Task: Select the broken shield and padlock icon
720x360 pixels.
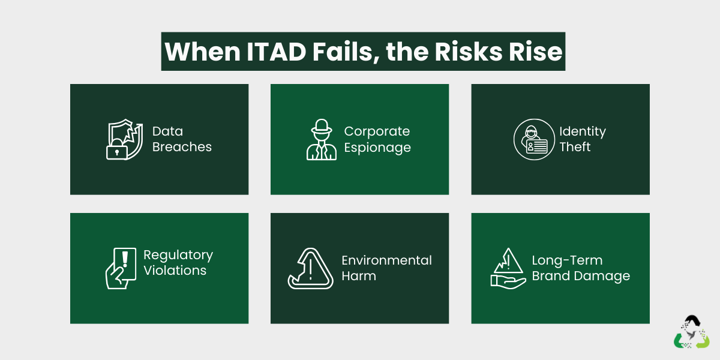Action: pyautogui.click(x=124, y=140)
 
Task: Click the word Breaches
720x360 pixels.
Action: pyautogui.click(x=182, y=147)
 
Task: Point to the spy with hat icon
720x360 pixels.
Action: pyautogui.click(x=322, y=139)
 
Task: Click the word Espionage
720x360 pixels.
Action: pyautogui.click(x=377, y=147)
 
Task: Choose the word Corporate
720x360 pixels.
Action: pyautogui.click(x=377, y=131)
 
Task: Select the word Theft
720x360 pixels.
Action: pyautogui.click(x=575, y=147)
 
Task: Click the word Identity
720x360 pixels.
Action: pyautogui.click(x=583, y=131)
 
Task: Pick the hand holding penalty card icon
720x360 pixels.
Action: pyautogui.click(x=120, y=269)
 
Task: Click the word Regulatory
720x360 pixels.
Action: pyautogui.click(x=178, y=255)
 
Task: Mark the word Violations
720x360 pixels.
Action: pyautogui.click(x=175, y=271)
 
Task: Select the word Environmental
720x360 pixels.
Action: pyautogui.click(x=386, y=260)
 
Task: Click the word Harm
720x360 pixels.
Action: pyautogui.click(x=359, y=276)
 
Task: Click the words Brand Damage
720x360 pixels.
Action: pyautogui.click(x=581, y=276)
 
